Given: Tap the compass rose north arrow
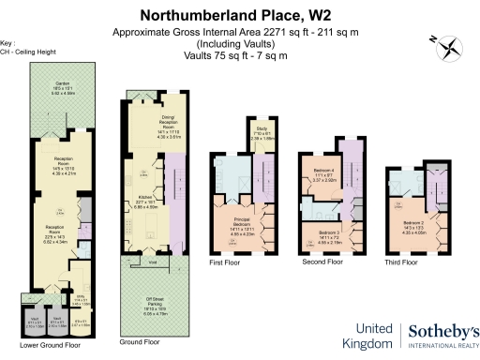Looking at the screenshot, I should (x=448, y=42).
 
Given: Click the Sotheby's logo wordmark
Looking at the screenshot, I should (x=440, y=333).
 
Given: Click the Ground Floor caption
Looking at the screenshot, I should (x=140, y=342).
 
